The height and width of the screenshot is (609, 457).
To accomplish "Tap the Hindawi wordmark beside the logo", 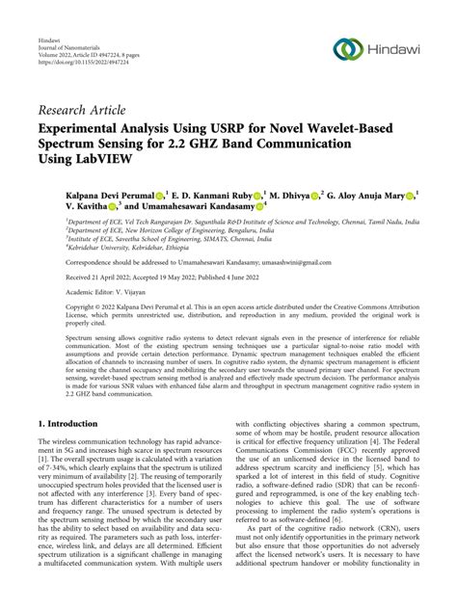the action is click(x=396, y=48).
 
